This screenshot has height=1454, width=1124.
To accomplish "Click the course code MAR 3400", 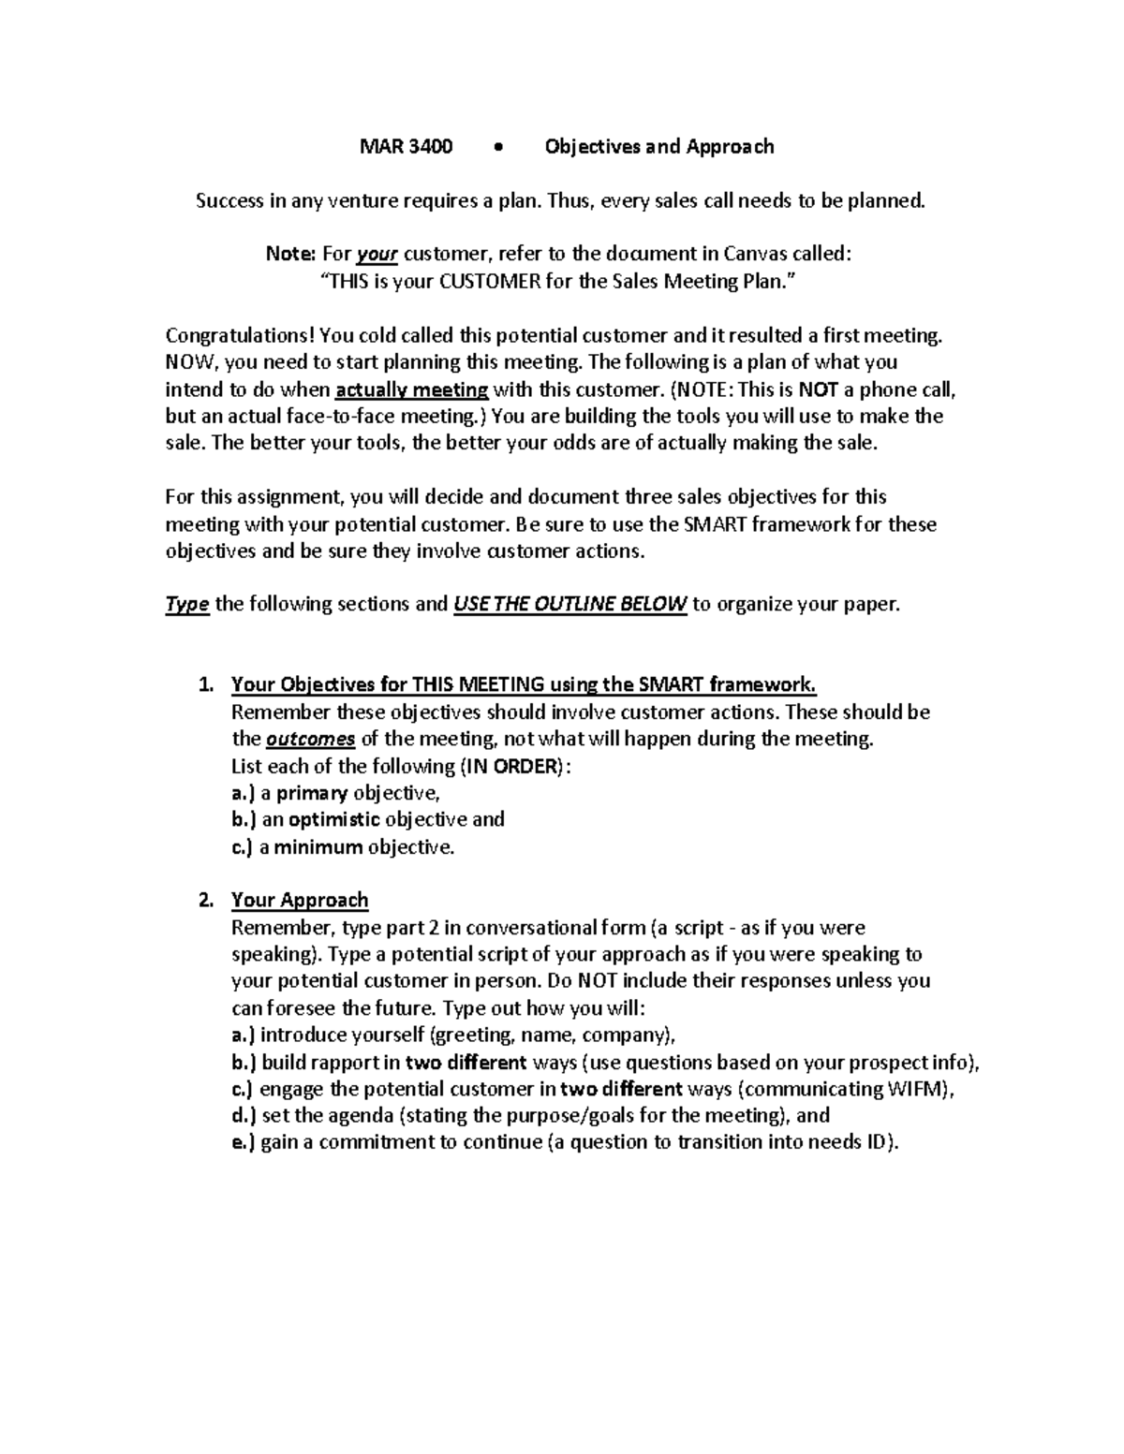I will coord(407,147).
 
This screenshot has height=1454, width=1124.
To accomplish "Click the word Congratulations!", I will coord(242,335).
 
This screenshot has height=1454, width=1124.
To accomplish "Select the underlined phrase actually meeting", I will coord(411,389).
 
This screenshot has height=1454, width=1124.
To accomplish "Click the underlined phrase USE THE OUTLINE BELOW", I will coord(569,604).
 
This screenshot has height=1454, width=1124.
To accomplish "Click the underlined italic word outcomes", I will coord(310,740).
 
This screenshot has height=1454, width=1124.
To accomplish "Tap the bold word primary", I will coord(312,793).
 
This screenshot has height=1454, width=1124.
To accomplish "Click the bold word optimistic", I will coord(334,819).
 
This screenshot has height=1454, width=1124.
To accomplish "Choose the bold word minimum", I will coord(318,847).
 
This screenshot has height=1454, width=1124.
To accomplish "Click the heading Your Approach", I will coord(300,901).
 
